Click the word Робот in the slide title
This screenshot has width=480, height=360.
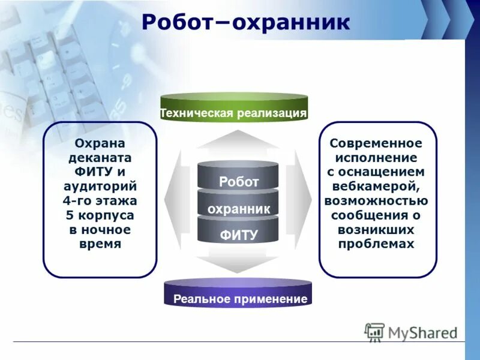[x=178, y=22]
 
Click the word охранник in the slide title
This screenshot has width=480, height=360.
[x=291, y=22]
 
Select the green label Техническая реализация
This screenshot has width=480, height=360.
[x=233, y=112]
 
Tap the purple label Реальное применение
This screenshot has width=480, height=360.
[x=240, y=298]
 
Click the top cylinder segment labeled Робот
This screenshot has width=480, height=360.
[x=238, y=181]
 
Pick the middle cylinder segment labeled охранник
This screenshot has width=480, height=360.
[x=238, y=208]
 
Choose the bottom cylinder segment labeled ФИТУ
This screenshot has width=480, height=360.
[x=238, y=235]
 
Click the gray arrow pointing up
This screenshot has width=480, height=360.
[x=238, y=139]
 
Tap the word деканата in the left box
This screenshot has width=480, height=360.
[x=100, y=158]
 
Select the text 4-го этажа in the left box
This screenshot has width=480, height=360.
[x=100, y=200]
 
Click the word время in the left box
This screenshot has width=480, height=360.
[x=100, y=244]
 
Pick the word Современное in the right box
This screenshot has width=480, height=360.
[x=376, y=144]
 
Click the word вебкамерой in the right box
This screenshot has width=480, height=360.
[x=376, y=186]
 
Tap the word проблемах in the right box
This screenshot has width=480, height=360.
[x=376, y=244]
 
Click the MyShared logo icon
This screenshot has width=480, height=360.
[x=374, y=332]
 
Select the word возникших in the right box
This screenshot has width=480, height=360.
[x=376, y=229]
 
